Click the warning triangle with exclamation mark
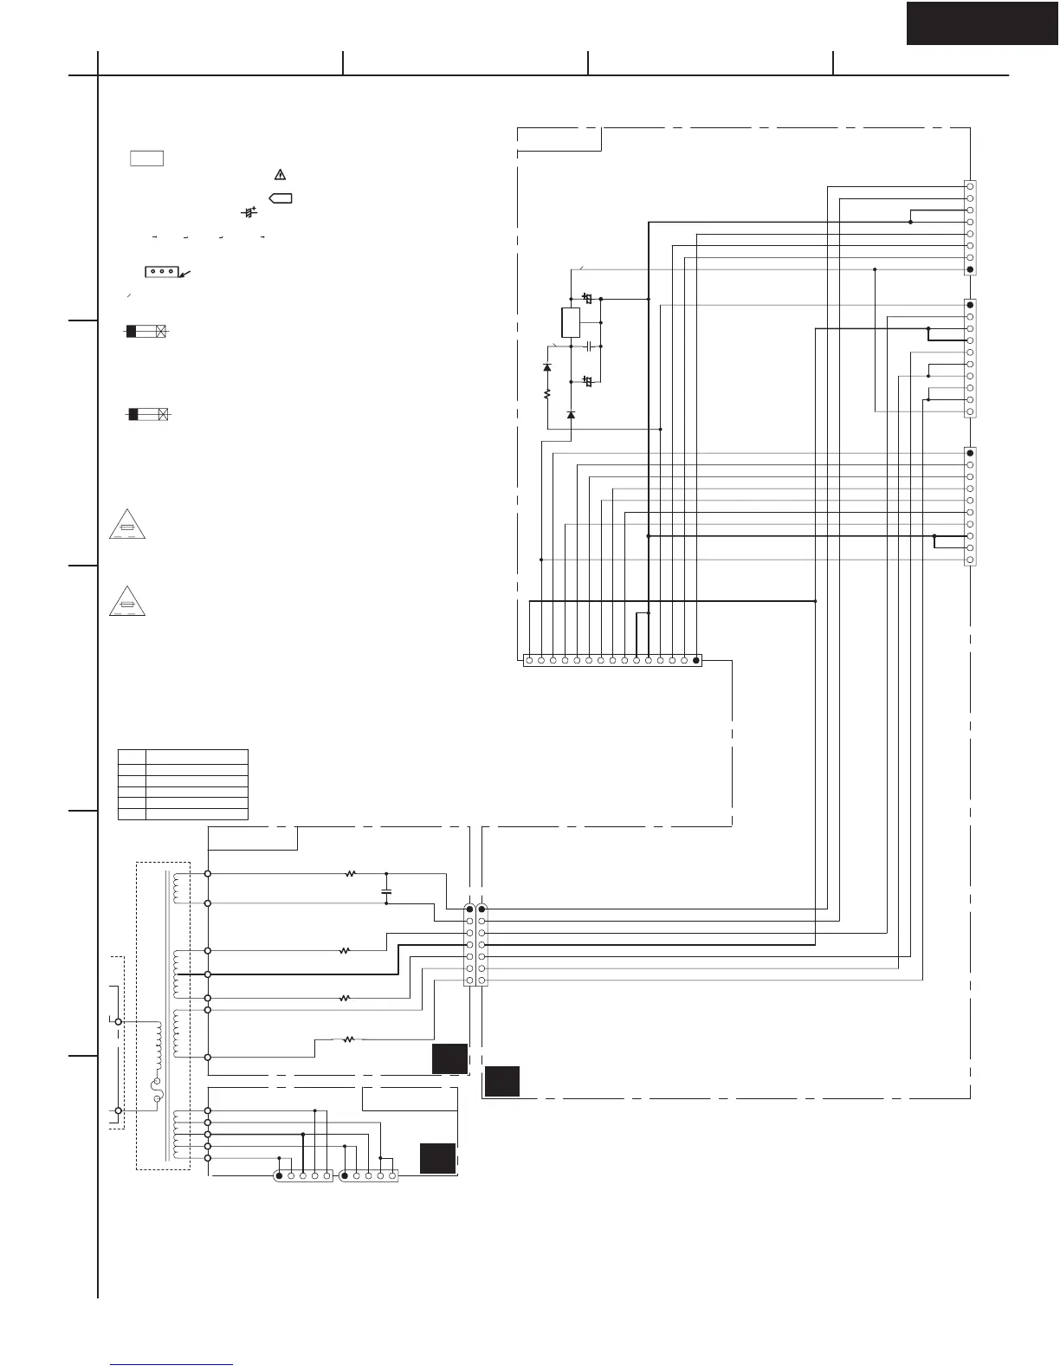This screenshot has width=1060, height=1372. pos(280,174)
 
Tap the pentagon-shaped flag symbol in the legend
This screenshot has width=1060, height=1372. pos(281,198)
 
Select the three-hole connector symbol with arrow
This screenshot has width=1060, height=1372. pos(162,272)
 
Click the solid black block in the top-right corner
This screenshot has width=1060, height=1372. pos(983,23)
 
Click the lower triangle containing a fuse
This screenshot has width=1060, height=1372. pos(127,600)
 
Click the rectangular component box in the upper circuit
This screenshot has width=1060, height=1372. pos(571,322)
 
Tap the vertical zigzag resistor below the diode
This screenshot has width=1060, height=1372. pos(547,394)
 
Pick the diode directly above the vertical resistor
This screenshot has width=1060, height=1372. pos(547,368)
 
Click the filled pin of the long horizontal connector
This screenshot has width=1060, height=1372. pos(695,661)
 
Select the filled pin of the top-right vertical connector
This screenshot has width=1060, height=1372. pos(970,269)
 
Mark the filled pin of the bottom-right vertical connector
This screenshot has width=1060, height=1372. pos(970,453)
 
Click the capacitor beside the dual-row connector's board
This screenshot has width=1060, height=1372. pos(386,890)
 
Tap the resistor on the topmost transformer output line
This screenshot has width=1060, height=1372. pos(351,874)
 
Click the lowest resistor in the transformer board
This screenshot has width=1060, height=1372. pos(349,1039)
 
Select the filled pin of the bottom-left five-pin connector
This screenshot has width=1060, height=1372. pos(279,1175)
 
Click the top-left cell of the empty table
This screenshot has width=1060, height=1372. pos(132,755)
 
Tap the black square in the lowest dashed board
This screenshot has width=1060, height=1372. pos(437,1158)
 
